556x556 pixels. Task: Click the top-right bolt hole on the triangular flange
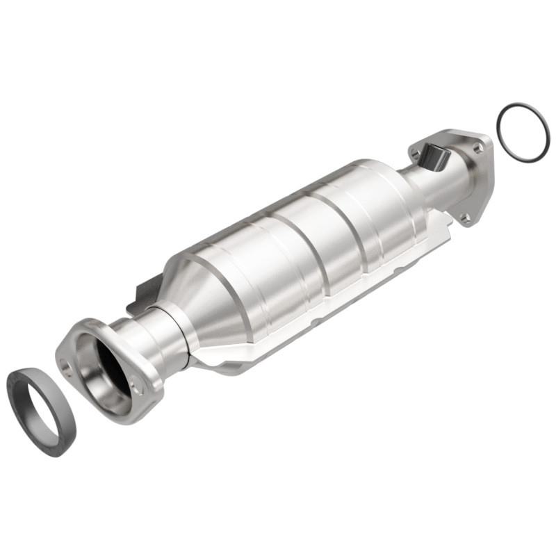click(477, 147)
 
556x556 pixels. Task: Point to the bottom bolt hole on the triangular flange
click(465, 218)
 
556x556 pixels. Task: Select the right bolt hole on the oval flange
click(139, 390)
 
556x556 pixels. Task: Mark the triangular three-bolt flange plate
click(480, 174)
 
